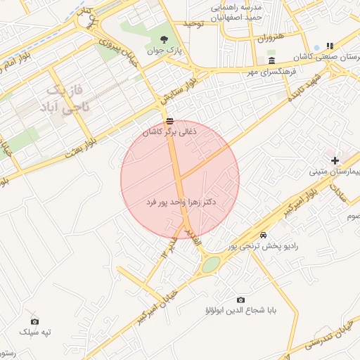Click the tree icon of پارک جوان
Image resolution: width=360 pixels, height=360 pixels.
[x=164, y=39]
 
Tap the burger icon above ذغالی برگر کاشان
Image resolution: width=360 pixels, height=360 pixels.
[x=169, y=121]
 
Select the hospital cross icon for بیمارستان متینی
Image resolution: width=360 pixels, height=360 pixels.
[x=335, y=161]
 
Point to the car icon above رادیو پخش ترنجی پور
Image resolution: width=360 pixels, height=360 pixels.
[x=263, y=234]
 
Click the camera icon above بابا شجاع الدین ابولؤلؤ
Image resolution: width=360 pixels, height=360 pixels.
[x=240, y=300]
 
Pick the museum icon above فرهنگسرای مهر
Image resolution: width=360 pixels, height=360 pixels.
[x=271, y=60]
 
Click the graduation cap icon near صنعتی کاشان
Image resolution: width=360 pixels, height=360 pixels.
[x=331, y=45]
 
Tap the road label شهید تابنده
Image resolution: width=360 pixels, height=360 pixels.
[x=307, y=86]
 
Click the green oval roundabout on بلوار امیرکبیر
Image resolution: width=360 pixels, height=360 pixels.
[x=211, y=264]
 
